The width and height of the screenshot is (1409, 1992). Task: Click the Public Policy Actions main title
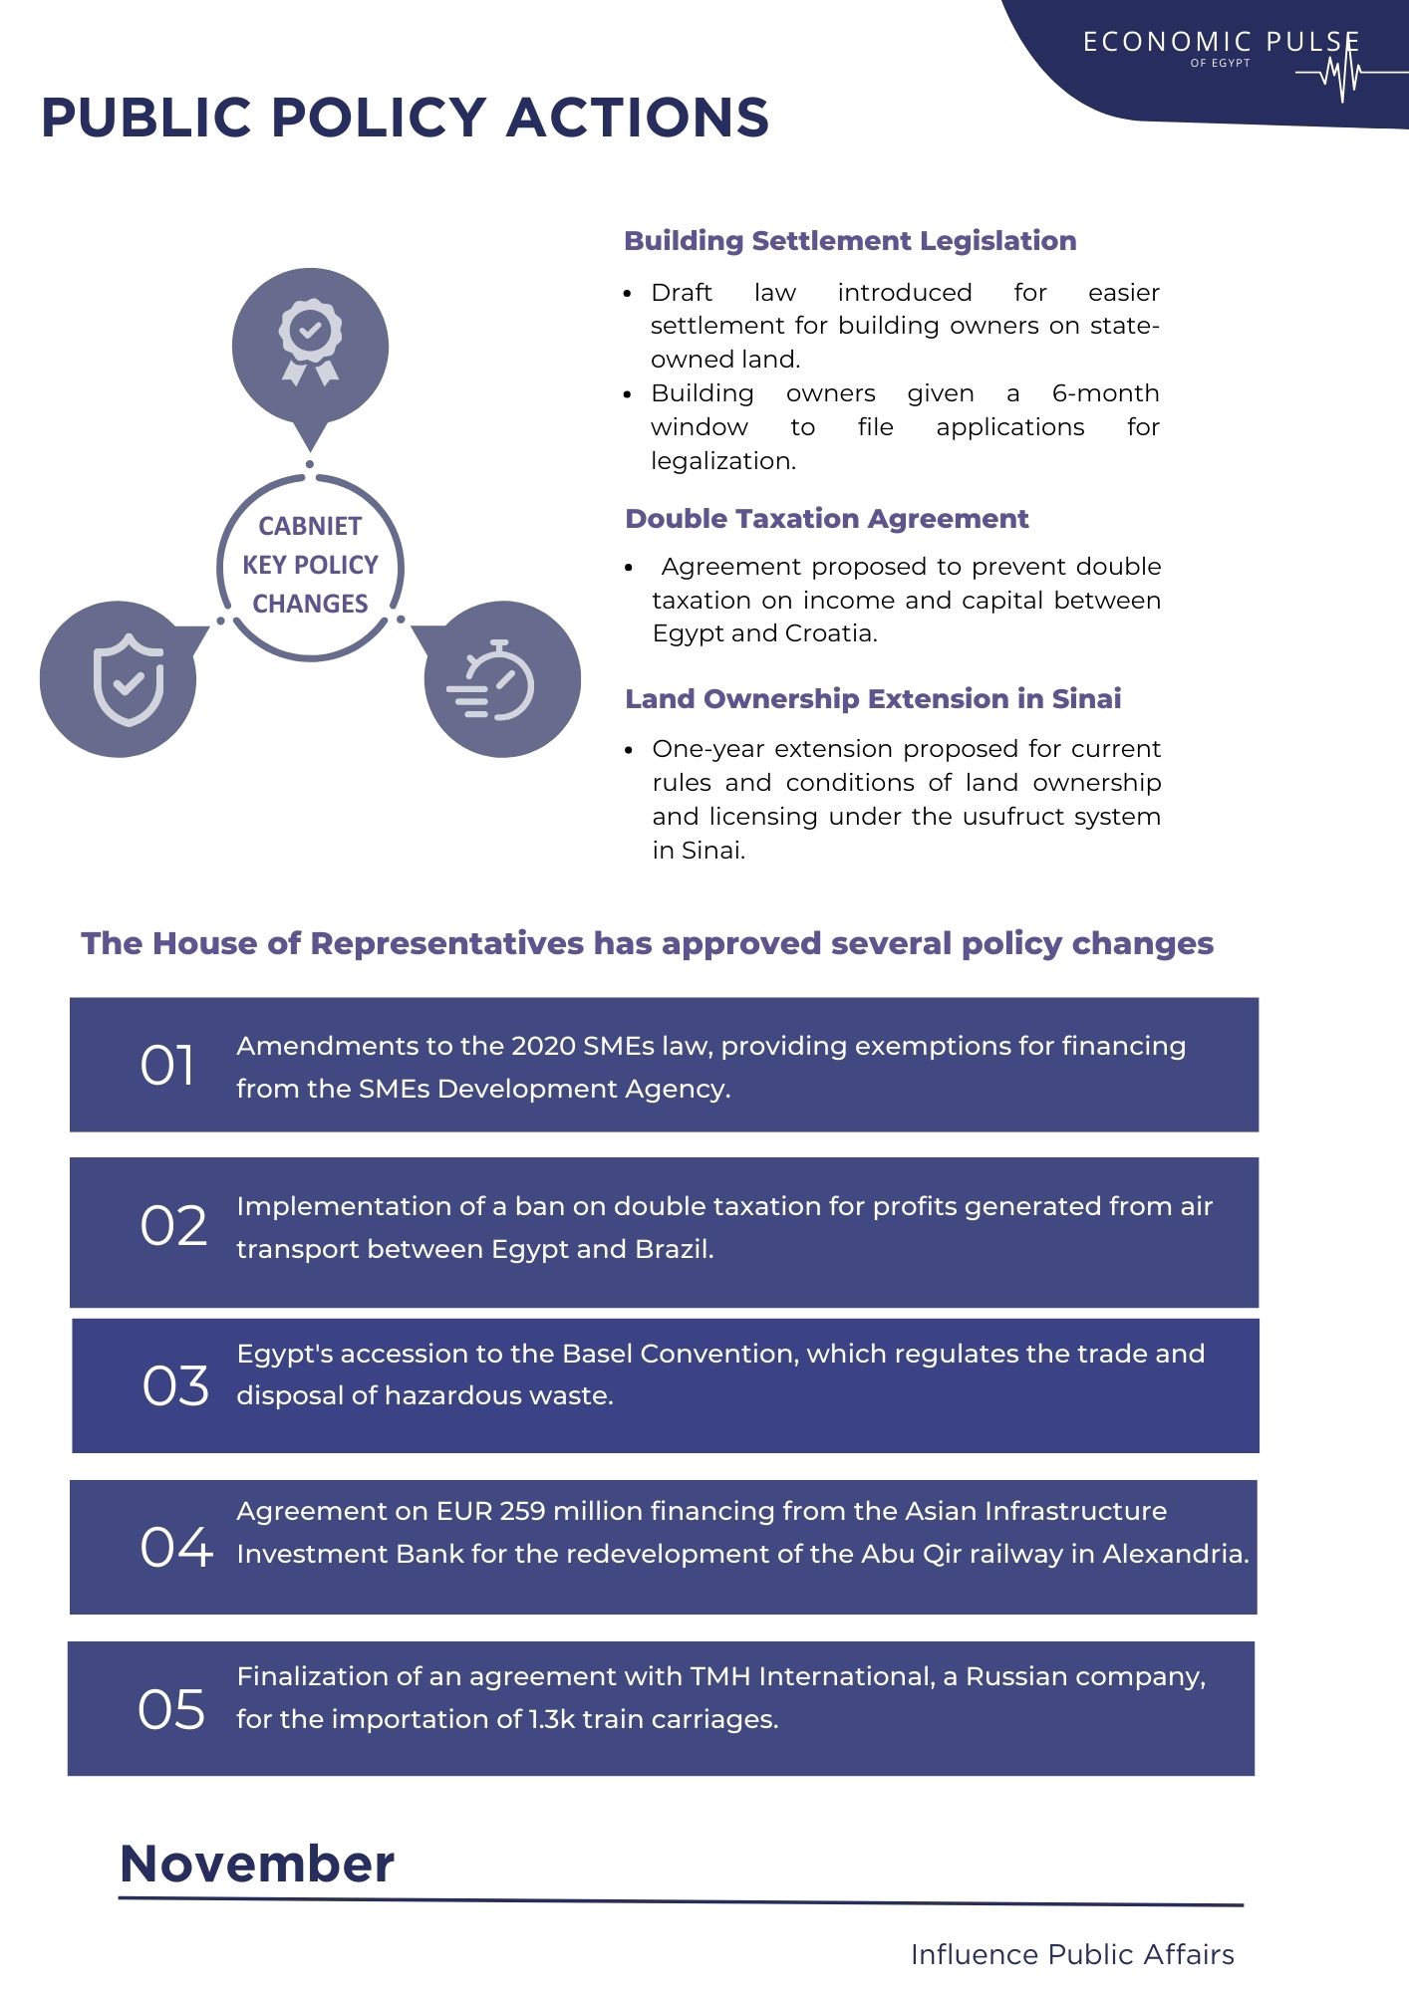point(405,118)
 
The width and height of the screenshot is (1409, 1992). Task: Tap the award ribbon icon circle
point(310,345)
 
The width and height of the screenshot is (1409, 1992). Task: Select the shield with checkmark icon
point(128,679)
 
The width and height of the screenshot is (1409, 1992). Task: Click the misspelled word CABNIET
point(310,526)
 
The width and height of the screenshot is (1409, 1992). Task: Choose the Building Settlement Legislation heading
point(850,241)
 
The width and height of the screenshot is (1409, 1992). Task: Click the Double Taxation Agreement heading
point(826,519)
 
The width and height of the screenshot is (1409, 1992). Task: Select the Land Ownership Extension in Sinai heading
point(873,699)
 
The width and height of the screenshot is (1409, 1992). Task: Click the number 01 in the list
point(167,1066)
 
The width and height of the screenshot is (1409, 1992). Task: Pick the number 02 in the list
point(173,1226)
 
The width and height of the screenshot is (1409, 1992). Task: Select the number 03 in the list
point(175,1386)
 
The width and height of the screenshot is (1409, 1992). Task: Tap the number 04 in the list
point(176,1547)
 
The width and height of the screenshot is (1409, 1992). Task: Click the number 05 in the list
point(171,1709)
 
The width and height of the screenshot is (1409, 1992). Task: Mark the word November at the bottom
point(257,1864)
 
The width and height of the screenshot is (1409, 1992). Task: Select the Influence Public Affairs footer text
point(1072,1955)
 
